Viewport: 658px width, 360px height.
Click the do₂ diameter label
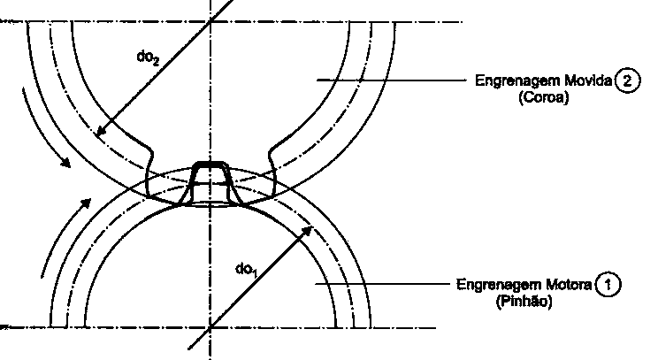point(148,57)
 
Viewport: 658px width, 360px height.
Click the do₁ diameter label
point(246,270)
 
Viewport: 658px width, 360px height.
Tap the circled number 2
point(627,80)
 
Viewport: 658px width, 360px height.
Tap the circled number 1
point(608,285)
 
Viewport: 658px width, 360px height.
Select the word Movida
point(588,80)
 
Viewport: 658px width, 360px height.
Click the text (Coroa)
point(543,97)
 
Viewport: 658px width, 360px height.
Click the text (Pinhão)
point(524,302)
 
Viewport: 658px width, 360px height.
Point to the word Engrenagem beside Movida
point(518,81)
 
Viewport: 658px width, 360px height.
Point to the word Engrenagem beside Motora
point(500,286)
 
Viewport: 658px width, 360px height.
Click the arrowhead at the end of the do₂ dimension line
point(101,131)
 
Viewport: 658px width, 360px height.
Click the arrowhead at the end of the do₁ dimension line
point(307,231)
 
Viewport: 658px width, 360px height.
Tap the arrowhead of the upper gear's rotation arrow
point(65,162)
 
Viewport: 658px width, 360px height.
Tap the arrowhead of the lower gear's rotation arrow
point(86,203)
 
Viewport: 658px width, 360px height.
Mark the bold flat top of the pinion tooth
point(210,164)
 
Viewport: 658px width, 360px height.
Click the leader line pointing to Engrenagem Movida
point(392,80)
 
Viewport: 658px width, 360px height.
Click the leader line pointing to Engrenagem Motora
point(382,284)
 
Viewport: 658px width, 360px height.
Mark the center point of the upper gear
point(210,21)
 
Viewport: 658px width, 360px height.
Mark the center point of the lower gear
point(210,327)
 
